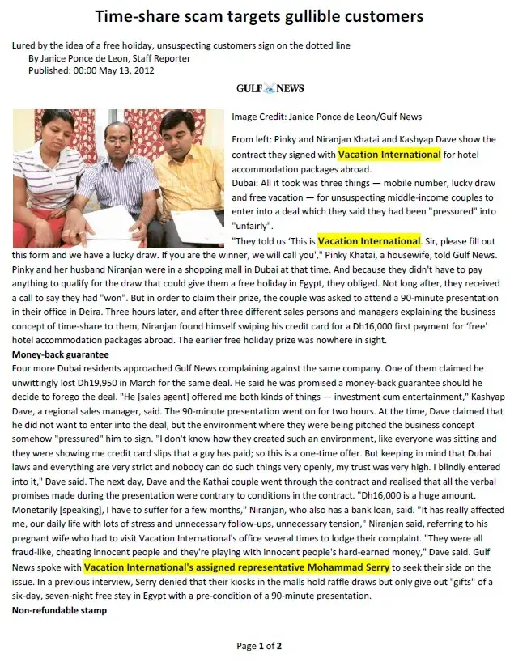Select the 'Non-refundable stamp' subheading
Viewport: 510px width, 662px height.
coord(58,609)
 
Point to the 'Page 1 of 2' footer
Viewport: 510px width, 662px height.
coord(259,646)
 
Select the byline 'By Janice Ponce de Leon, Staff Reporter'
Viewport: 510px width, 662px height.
coord(109,58)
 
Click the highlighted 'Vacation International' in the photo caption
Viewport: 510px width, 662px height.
coord(389,154)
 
